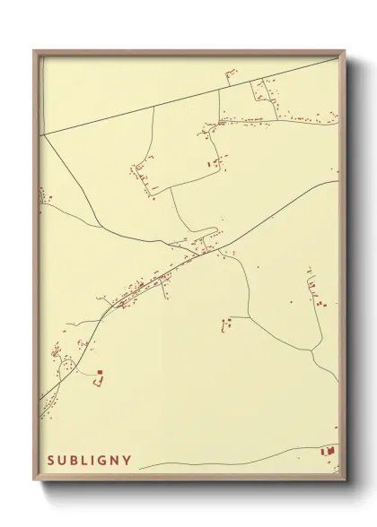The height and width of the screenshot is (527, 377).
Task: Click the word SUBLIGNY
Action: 89,461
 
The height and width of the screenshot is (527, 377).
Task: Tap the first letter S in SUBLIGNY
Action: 51,461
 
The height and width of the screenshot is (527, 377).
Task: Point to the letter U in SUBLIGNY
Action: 63,461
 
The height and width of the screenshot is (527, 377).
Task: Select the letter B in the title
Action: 75,461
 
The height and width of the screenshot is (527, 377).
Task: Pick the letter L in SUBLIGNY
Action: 86,461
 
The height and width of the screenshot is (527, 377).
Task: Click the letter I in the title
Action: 94,461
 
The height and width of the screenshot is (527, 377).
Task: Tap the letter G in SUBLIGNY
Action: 103,461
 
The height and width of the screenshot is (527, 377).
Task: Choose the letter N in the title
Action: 116,461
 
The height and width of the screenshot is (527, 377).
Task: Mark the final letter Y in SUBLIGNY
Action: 127,461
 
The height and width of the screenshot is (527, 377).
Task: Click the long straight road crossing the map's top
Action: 180,100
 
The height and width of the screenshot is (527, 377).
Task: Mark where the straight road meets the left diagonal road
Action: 41,134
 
